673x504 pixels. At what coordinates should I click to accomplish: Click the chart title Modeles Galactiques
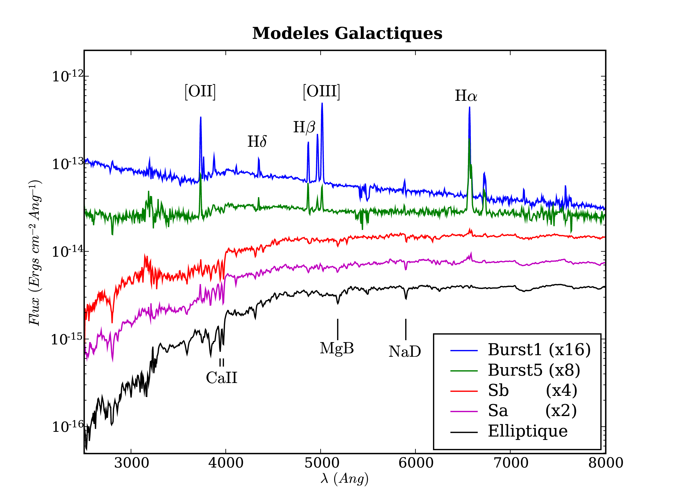[x=347, y=33]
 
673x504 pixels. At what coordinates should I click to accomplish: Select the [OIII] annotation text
[x=321, y=91]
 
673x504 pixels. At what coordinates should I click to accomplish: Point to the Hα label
[x=466, y=96]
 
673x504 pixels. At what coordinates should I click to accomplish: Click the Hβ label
[x=304, y=127]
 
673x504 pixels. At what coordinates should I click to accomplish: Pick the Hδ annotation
[x=257, y=141]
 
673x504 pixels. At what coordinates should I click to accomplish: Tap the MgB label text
[x=337, y=348]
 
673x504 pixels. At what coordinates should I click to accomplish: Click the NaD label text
[x=405, y=351]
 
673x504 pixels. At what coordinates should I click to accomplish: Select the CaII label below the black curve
[x=222, y=378]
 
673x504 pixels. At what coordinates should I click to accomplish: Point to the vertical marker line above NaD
[x=406, y=329]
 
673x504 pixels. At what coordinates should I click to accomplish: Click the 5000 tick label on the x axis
[x=322, y=463]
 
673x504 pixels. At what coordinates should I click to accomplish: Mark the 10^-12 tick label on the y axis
[x=68, y=76]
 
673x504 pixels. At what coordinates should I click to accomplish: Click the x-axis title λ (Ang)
[x=344, y=479]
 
